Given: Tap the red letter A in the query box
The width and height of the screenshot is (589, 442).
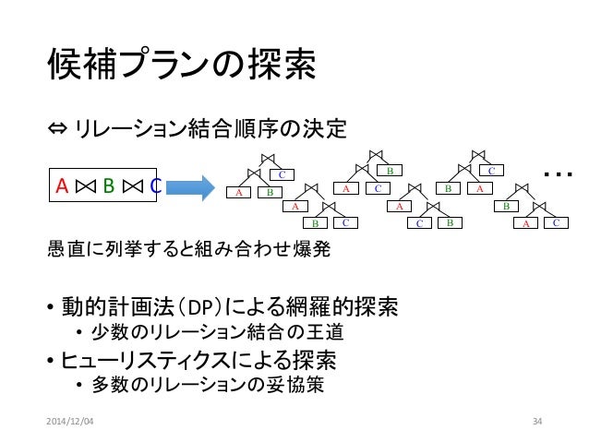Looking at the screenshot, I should [62, 187].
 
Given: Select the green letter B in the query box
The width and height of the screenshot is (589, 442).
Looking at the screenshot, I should [108, 187].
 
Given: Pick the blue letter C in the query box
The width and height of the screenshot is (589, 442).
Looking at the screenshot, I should [155, 187].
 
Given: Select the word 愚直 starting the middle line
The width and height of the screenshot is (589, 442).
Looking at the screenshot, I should [62, 248].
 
